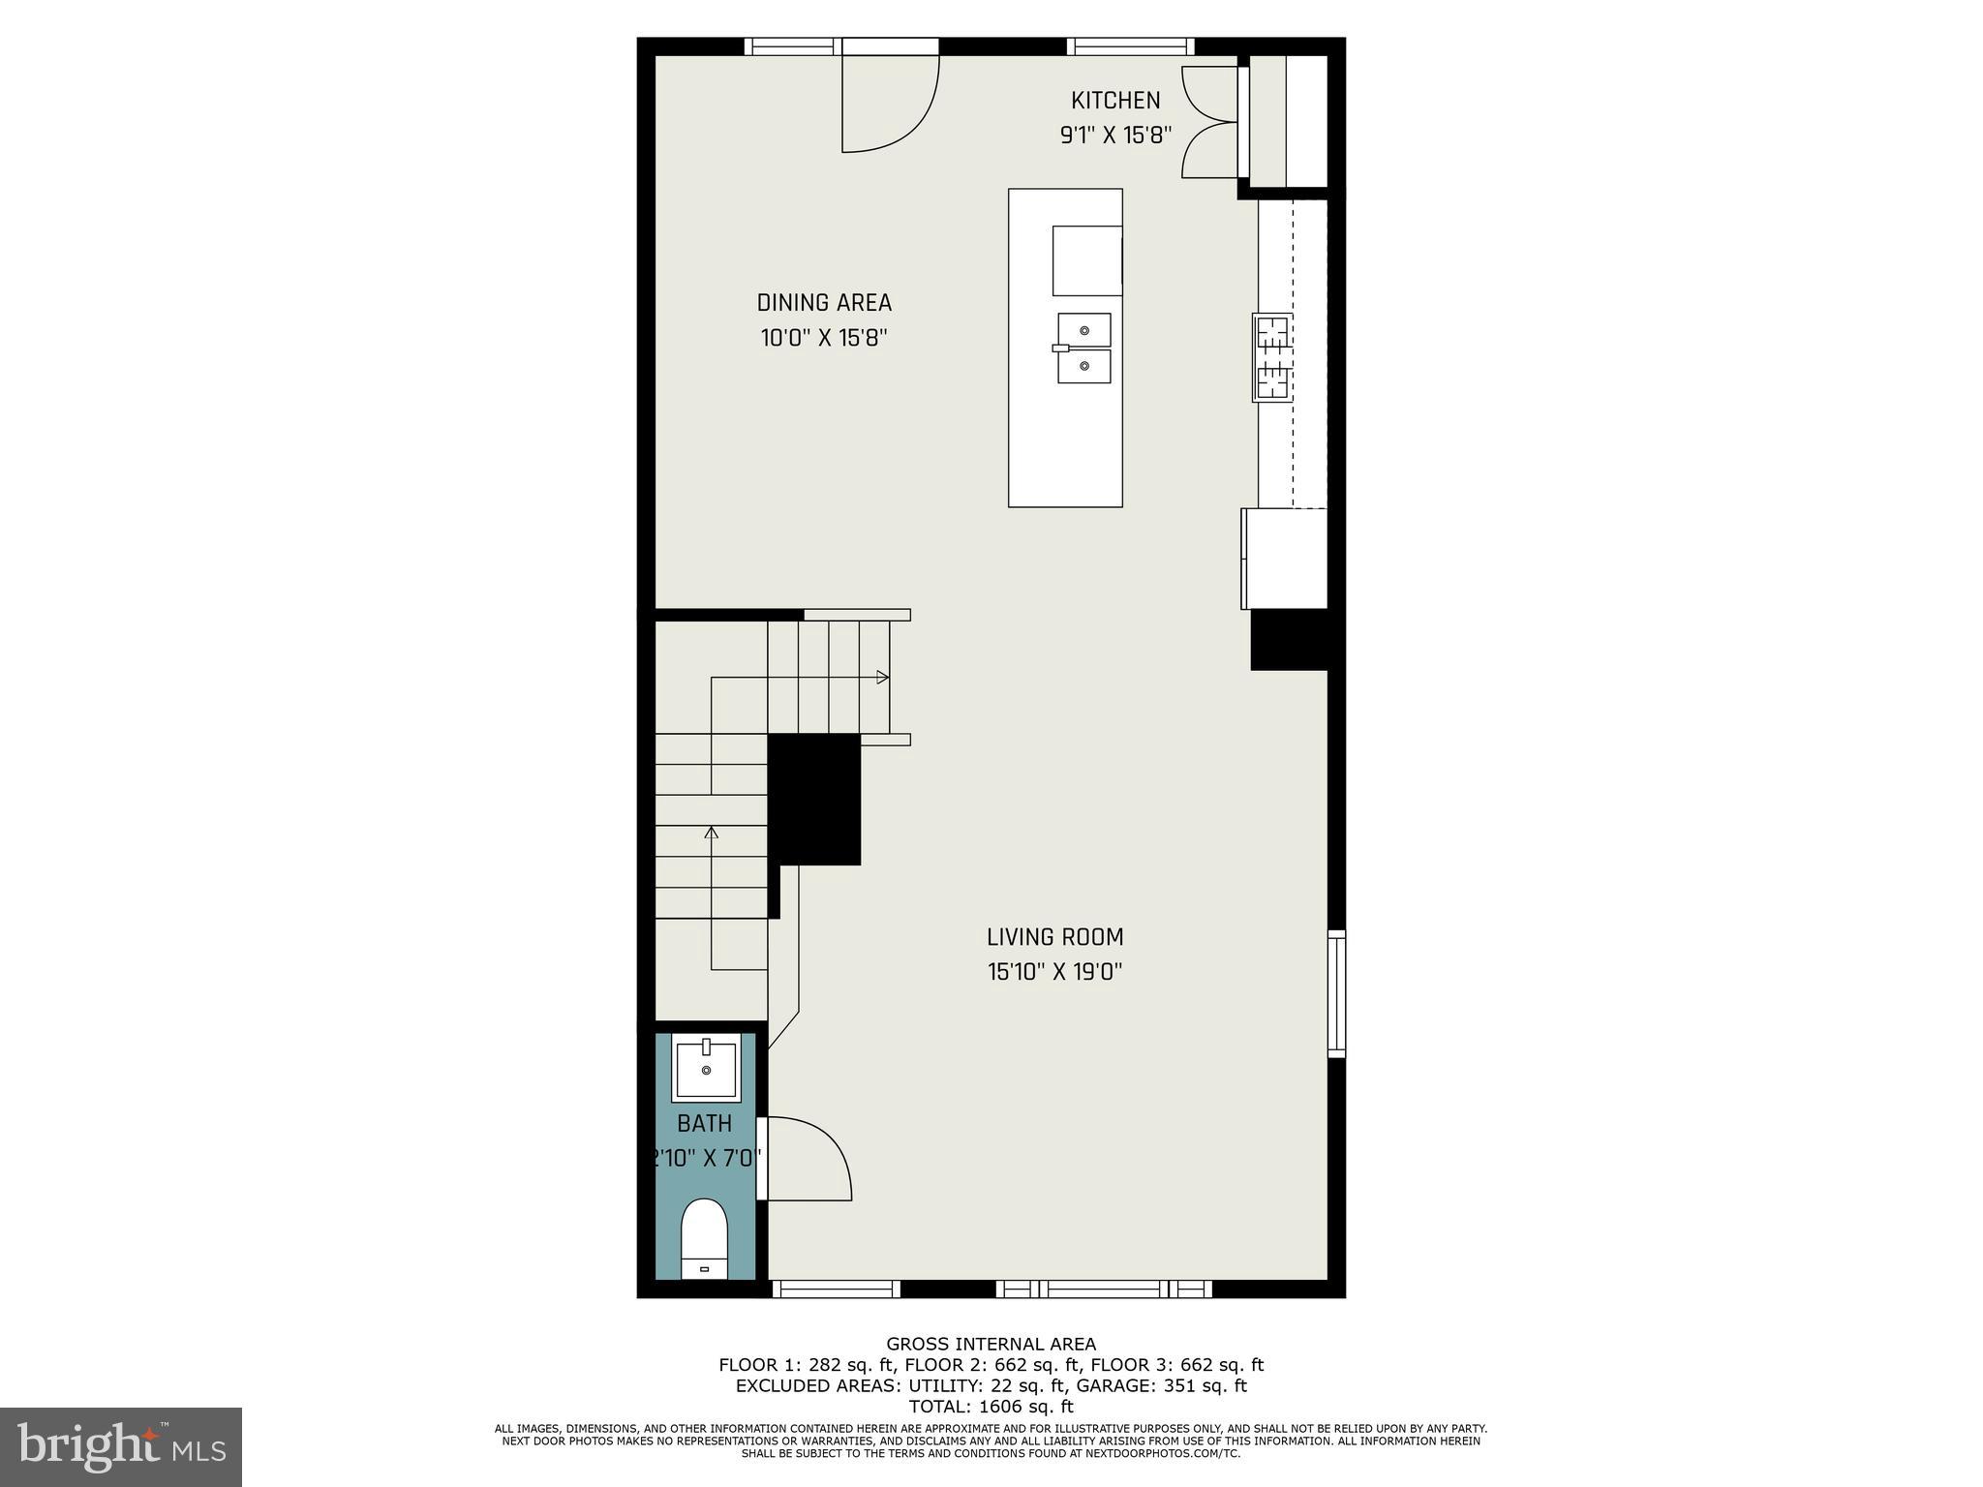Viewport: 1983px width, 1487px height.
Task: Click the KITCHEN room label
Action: [1114, 101]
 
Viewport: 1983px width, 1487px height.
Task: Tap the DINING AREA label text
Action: [824, 303]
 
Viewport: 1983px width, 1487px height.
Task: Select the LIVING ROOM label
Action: [1054, 937]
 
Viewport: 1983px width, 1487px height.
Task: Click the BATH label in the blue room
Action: [704, 1124]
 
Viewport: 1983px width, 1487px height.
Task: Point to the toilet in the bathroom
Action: [704, 1239]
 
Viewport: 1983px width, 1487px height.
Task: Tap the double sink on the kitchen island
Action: [1083, 348]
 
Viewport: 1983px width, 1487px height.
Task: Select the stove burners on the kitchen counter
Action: [1273, 357]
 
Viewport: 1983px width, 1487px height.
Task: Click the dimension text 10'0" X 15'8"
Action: [824, 339]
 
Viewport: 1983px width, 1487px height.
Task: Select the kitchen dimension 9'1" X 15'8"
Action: [1115, 136]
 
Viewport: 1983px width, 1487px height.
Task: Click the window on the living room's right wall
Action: [1336, 993]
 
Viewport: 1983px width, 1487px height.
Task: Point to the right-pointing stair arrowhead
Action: [882, 678]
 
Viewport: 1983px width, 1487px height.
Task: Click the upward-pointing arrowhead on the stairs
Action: [712, 832]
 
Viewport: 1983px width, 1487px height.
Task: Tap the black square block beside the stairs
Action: [814, 799]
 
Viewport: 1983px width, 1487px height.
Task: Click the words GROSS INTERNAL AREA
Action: [991, 1344]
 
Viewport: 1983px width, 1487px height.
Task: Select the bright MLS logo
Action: [121, 1446]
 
